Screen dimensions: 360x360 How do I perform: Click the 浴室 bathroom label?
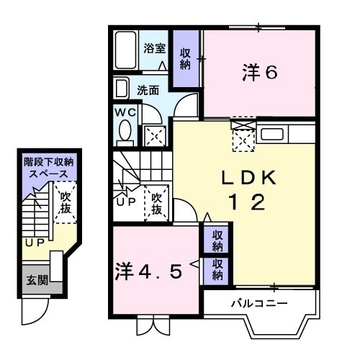point(155,48)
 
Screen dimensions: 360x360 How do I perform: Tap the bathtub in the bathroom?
point(125,50)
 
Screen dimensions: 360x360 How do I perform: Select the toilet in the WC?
point(125,132)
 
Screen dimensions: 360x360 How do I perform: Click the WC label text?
point(125,112)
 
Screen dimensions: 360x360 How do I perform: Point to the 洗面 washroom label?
point(148,91)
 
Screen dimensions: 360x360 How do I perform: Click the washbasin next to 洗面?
point(121,88)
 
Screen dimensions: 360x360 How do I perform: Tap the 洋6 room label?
point(260,72)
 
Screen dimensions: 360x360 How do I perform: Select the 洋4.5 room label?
point(148,271)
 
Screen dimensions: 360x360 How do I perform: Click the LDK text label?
point(248,178)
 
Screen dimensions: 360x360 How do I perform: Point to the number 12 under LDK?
point(247,202)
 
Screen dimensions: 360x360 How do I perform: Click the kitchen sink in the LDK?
point(272,134)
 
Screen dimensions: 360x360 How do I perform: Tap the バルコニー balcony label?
point(259,304)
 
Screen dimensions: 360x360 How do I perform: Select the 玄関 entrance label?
point(37,280)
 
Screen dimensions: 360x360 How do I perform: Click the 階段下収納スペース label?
point(49,168)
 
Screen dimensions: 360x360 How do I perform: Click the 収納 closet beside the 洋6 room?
point(186,58)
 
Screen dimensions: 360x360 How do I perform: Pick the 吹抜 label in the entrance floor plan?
point(66,203)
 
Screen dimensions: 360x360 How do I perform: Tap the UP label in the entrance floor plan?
point(35,243)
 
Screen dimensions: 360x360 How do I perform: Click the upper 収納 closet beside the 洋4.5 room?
point(217,240)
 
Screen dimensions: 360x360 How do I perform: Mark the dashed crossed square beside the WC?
point(155,136)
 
